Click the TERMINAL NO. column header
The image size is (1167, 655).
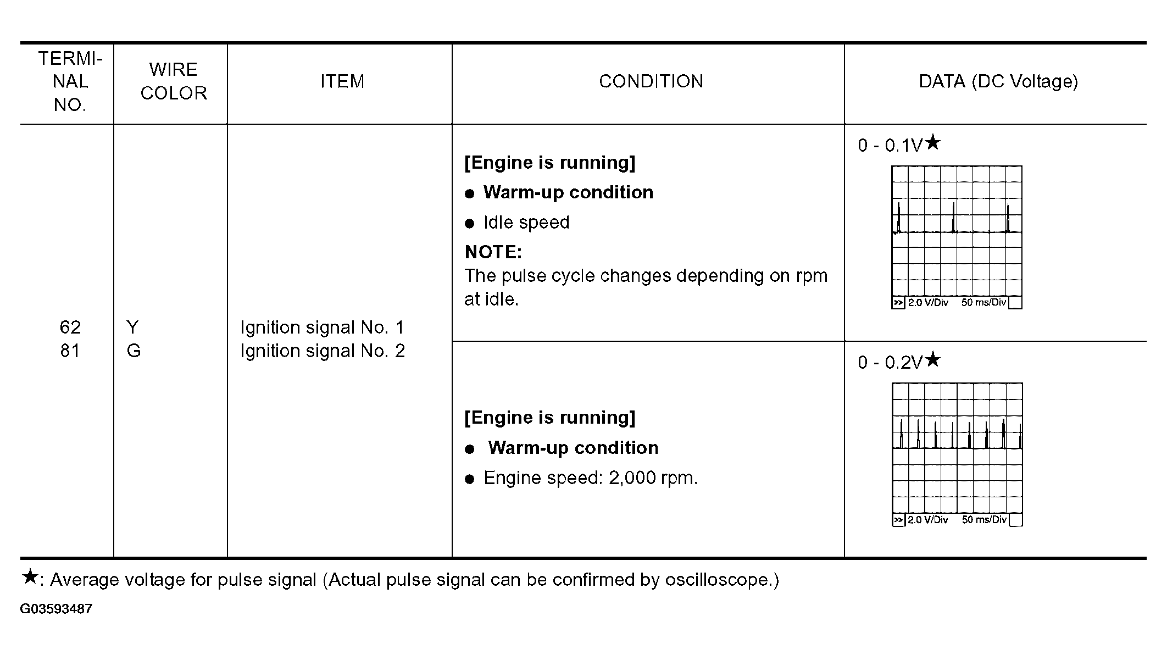[70, 81]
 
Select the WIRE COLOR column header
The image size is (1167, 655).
[174, 81]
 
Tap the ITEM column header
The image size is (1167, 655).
[342, 81]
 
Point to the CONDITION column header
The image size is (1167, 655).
[651, 81]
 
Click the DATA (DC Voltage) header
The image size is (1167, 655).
[998, 81]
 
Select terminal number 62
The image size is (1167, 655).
[70, 327]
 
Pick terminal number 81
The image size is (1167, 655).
[70, 351]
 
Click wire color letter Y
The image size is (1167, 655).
[132, 327]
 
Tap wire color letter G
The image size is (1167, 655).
[134, 351]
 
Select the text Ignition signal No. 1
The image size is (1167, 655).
[322, 327]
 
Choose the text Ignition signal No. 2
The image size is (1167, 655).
[323, 351]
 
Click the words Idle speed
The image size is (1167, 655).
[526, 223]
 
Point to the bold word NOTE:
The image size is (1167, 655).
[493, 252]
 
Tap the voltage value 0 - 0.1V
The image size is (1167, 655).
[890, 145]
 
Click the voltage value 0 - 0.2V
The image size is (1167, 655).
[890, 363]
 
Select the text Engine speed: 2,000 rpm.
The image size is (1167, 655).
[590, 478]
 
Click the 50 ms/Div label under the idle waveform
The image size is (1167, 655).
[983, 303]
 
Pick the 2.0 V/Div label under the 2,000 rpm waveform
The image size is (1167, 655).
[927, 520]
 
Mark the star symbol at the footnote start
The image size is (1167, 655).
[30, 577]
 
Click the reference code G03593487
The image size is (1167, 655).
[56, 609]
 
